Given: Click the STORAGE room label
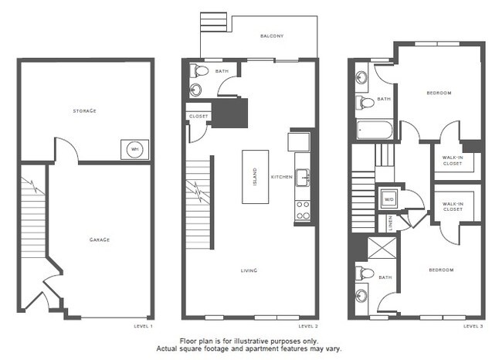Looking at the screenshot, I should [85, 111].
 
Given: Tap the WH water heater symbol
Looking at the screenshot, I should [134, 149].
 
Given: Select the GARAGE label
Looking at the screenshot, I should [98, 239].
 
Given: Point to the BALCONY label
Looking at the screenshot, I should [272, 36].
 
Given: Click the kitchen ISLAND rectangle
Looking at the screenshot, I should [255, 176].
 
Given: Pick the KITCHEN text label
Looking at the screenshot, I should [281, 177].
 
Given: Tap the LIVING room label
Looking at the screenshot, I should [249, 270].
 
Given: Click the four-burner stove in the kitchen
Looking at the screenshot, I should [302, 210].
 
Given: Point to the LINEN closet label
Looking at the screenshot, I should [391, 222].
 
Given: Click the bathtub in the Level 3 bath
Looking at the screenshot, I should [375, 129].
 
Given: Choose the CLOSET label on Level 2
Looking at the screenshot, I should [198, 117].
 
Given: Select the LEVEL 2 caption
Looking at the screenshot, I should [307, 326].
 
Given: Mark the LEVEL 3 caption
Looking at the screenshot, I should [473, 326].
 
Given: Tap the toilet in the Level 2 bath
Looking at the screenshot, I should [202, 71].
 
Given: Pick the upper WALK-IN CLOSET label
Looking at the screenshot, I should [453, 160].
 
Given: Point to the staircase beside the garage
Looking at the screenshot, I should [32, 224].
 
